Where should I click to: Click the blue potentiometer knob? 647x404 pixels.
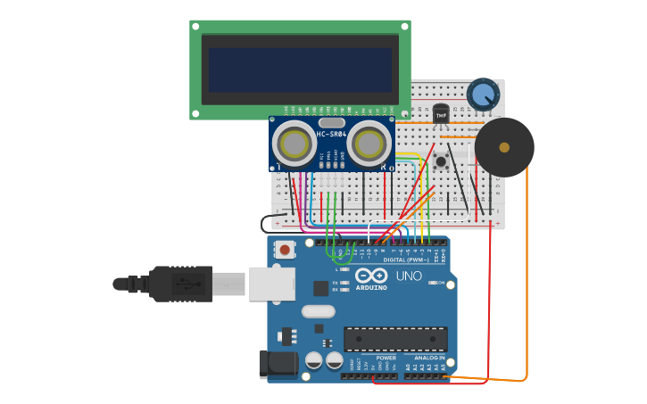tap(483, 95)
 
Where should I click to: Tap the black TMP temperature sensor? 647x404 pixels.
tap(441, 114)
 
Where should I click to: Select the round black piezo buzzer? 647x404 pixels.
tap(504, 147)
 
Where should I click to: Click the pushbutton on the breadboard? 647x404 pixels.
tap(441, 161)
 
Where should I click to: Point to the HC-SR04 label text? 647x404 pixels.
tap(332, 135)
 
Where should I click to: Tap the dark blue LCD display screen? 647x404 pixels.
tap(300, 70)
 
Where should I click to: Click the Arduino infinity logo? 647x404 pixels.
tap(370, 276)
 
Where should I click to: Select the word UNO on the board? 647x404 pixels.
tap(409, 276)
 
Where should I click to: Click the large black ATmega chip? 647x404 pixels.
tap(395, 339)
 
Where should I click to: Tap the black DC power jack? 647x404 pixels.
tap(278, 364)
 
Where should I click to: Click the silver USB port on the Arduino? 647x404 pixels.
tap(271, 284)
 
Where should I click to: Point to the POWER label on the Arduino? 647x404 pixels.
tap(386, 358)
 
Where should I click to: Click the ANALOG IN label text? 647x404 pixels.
tap(428, 358)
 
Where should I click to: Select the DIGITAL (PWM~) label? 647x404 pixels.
tap(406, 260)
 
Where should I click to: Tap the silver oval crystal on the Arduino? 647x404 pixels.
tap(319, 311)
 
